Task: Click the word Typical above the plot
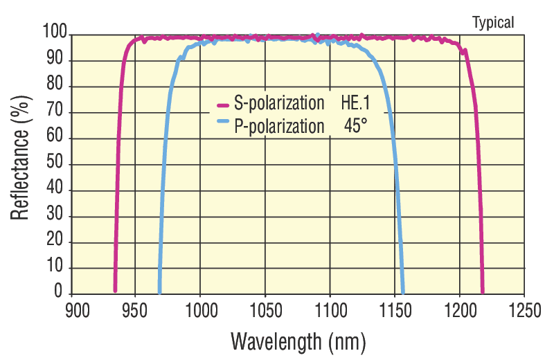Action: [x=493, y=22]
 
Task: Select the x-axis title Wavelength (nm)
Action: [x=298, y=341]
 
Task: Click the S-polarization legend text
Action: [x=279, y=105]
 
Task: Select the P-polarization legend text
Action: [x=279, y=126]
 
